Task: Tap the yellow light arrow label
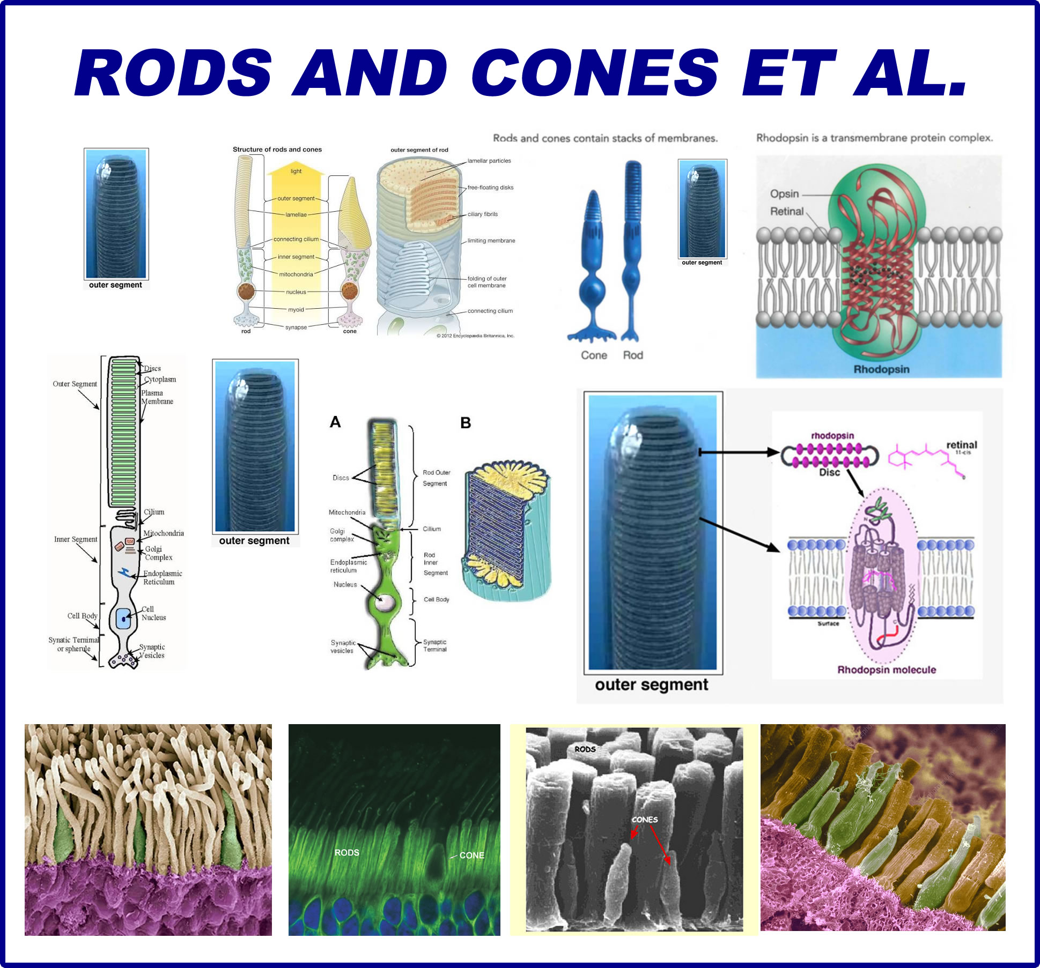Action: tap(296, 171)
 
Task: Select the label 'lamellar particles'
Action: tap(489, 161)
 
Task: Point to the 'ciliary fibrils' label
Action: tap(482, 214)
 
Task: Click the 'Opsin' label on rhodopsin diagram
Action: tap(784, 194)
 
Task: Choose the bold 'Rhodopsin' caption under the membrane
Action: tap(881, 369)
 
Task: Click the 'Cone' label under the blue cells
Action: tap(594, 355)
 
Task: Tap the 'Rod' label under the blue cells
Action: tap(633, 355)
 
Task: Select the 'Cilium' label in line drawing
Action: tap(154, 512)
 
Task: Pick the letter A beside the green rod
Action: tap(335, 422)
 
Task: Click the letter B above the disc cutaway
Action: tap(466, 423)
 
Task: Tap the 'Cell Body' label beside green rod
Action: tap(436, 599)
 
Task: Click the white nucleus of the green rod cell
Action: tap(385, 602)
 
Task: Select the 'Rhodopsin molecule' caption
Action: tap(887, 669)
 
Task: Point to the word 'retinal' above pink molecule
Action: tap(961, 445)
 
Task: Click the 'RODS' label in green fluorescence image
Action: tap(346, 852)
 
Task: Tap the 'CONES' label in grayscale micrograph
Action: tap(644, 820)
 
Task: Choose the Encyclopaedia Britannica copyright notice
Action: tap(475, 336)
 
